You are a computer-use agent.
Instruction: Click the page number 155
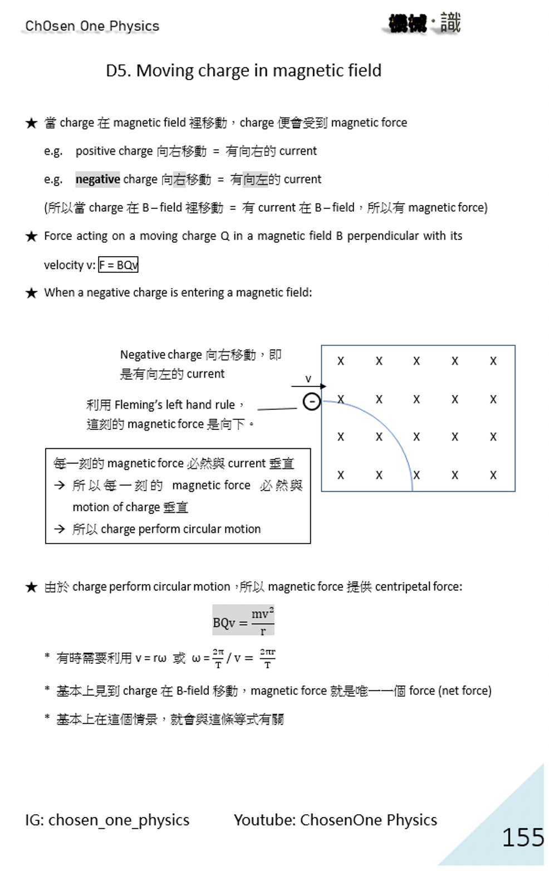[x=522, y=837]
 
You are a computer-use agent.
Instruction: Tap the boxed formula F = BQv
[x=118, y=265]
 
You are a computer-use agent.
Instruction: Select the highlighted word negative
[x=97, y=179]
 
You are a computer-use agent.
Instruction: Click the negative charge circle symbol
[x=311, y=401]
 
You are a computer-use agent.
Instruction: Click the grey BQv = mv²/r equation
[x=243, y=620]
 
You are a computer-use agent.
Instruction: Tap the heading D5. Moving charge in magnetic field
[x=243, y=71]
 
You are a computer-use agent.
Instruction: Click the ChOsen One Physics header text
[x=92, y=26]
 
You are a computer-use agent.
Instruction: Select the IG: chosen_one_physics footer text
[x=107, y=820]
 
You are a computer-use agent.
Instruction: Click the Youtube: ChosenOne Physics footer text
[x=335, y=820]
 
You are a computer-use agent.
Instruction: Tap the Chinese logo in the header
[x=424, y=24]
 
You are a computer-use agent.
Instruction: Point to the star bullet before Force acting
[x=32, y=236]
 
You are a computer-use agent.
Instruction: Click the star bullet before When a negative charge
[x=32, y=293]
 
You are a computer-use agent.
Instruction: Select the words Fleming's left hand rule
[x=174, y=405]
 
